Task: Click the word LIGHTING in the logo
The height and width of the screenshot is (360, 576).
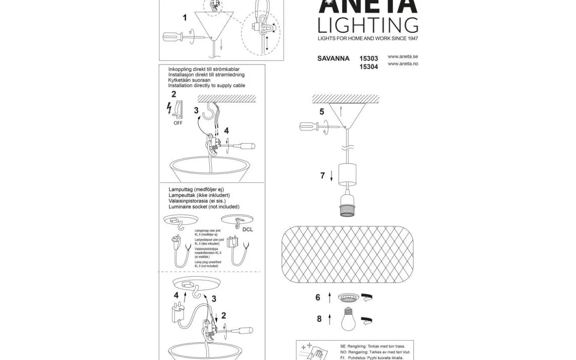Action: pos(368,25)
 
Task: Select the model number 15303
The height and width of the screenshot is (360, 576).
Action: pos(369,58)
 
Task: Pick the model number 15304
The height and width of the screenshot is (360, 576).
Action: pos(369,67)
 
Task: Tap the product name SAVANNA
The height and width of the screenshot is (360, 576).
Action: pos(333,58)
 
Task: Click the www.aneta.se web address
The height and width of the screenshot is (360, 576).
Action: pos(402,57)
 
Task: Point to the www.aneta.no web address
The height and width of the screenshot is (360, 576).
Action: pos(402,64)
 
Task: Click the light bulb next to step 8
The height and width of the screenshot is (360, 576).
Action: pos(348,319)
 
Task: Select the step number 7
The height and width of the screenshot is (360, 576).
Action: pos(323,176)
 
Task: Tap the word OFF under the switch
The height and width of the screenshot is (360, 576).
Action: pos(178,123)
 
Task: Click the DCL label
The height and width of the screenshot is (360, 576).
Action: pos(248,229)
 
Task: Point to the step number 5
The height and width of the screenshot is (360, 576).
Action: pos(322,111)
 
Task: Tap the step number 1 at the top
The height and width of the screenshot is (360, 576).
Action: pos(185,18)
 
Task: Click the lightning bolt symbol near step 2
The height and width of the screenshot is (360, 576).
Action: pos(169,108)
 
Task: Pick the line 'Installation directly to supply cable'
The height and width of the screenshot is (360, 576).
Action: pos(207,86)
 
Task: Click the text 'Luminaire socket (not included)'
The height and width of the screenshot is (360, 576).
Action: pos(204,207)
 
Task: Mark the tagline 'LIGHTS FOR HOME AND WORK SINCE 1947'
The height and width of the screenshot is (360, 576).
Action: pos(368,38)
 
